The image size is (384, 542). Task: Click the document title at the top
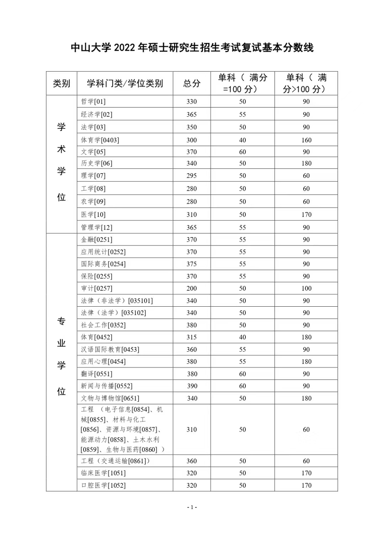(192, 48)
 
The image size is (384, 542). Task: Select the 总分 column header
(192, 83)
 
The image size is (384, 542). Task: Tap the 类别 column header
(62, 83)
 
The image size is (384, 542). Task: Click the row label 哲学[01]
(93, 102)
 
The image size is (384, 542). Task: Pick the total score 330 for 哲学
(192, 102)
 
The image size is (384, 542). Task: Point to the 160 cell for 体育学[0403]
(306, 140)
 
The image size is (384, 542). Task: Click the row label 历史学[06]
(96, 163)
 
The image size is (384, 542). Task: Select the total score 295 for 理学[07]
(192, 176)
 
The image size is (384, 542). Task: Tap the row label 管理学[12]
(96, 228)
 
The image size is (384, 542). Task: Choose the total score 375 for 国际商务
(192, 264)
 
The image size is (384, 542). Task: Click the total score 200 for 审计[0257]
(192, 289)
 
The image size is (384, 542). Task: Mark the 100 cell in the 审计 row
(306, 289)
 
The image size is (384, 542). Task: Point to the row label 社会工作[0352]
(103, 325)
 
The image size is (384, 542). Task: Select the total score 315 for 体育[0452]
(192, 337)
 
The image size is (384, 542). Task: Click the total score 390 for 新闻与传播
(192, 386)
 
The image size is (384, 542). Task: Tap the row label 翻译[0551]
(96, 374)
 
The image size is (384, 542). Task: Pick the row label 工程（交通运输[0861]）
(115, 461)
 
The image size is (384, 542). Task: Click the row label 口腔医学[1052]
(103, 486)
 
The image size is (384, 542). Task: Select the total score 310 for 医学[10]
(192, 215)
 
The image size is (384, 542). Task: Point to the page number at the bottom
(192, 507)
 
